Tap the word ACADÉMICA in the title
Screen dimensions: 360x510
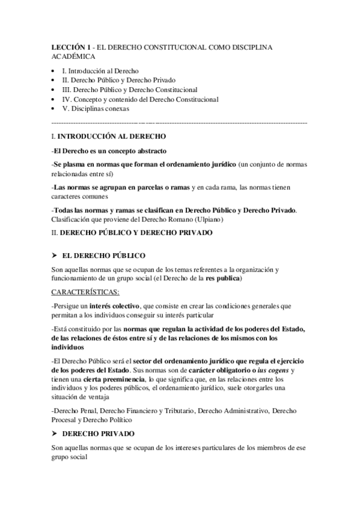pyautogui.click(x=73, y=56)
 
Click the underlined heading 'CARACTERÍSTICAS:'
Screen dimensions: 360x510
pyautogui.click(x=85, y=292)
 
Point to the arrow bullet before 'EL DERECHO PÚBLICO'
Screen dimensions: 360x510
pyautogui.click(x=55, y=255)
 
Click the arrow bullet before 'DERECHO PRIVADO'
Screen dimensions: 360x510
pyautogui.click(x=55, y=433)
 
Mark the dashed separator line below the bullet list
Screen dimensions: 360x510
pyautogui.click(x=180, y=123)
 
